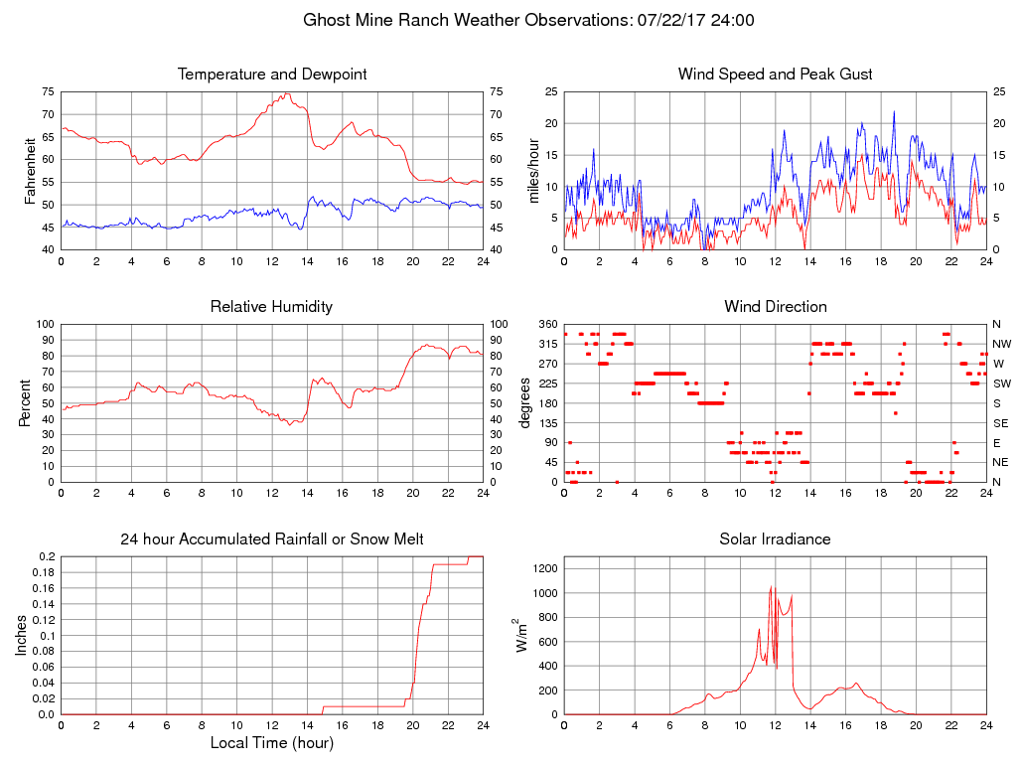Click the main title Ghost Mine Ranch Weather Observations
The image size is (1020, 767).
pyautogui.click(x=509, y=20)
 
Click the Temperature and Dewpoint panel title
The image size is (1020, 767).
pyautogui.click(x=271, y=75)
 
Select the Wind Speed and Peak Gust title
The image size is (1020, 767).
pyautogui.click(x=775, y=75)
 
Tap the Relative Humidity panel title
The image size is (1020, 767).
pyautogui.click(x=271, y=307)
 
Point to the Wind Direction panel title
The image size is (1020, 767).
pyautogui.click(x=775, y=307)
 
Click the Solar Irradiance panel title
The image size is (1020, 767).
pyautogui.click(x=775, y=539)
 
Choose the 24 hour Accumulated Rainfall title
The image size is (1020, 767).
pyautogui.click(x=271, y=539)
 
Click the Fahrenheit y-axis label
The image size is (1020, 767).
pyautogui.click(x=30, y=170)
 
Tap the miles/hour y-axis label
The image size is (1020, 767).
pyautogui.click(x=533, y=170)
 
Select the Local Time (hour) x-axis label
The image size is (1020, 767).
pyautogui.click(x=271, y=743)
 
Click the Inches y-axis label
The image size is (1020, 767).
pyautogui.click(x=22, y=635)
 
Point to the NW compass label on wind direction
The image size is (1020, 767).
pyautogui.click(x=1001, y=344)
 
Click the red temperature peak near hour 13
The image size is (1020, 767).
pyautogui.click(x=287, y=94)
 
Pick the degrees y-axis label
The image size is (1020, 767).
pyautogui.click(x=525, y=402)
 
